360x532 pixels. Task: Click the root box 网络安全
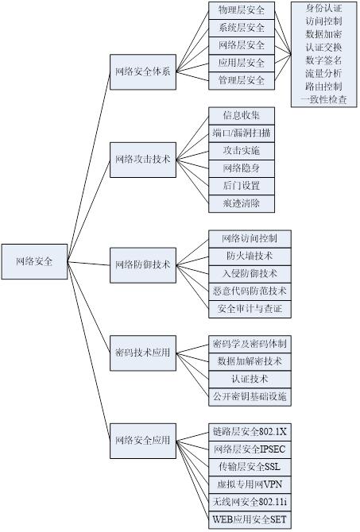click(34, 260)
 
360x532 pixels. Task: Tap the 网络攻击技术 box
click(142, 159)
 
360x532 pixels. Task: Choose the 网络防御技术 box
click(142, 264)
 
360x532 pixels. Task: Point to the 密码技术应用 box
click(142, 352)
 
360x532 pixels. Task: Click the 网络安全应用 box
click(142, 439)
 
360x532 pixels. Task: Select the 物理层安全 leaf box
click(242, 10)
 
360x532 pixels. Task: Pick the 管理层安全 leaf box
click(242, 80)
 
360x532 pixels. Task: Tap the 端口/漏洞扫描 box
click(242, 133)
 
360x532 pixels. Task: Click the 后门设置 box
click(242, 186)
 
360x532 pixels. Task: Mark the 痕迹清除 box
click(242, 203)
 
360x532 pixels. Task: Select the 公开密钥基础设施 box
click(250, 395)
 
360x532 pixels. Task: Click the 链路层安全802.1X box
click(250, 431)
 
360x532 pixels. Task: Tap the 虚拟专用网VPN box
click(250, 484)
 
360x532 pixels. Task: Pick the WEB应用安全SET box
click(250, 519)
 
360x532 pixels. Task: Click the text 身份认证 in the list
click(323, 9)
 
